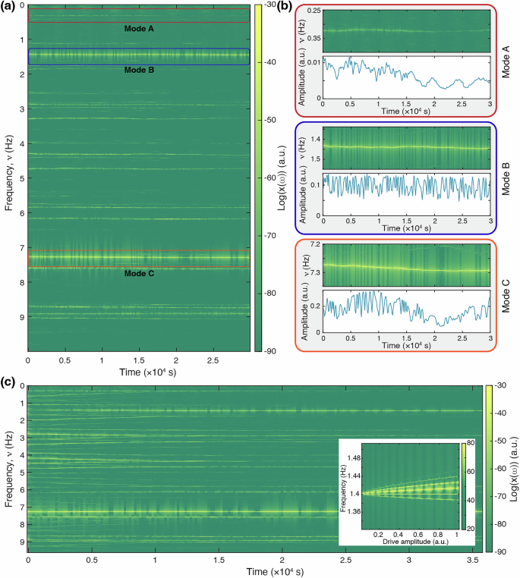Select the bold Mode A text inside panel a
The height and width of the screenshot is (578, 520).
138,28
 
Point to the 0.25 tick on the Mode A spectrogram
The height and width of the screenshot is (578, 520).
311,10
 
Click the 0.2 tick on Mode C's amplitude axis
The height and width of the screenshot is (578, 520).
314,306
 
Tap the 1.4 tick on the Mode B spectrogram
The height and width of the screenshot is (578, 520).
314,141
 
